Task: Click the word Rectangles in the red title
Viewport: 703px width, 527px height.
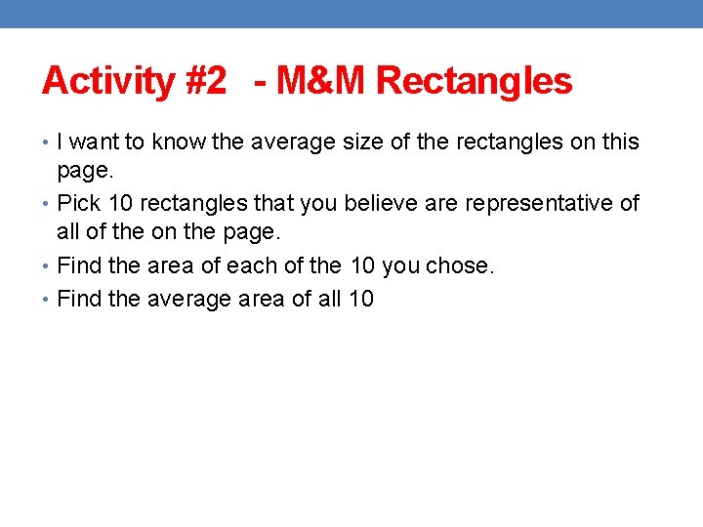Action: point(475,81)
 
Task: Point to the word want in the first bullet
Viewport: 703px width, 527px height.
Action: point(96,142)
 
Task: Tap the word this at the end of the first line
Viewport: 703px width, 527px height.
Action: point(619,142)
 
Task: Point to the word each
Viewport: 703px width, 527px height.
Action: point(257,265)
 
